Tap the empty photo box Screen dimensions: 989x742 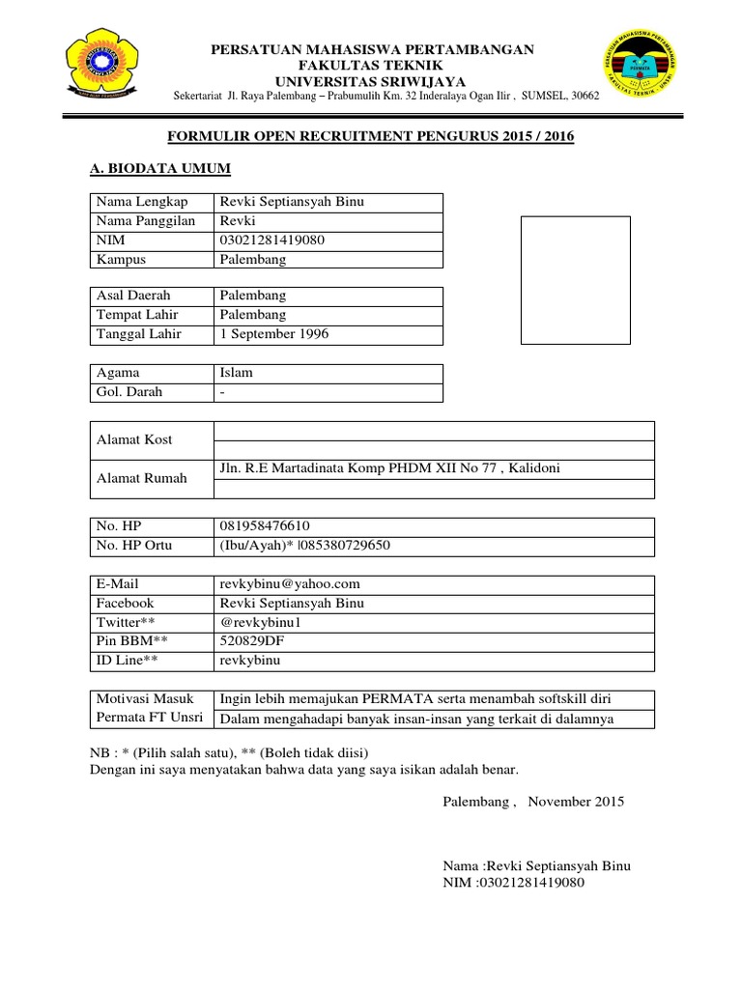(576, 280)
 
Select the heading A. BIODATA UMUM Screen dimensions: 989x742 (159, 169)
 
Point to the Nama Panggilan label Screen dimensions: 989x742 (145, 220)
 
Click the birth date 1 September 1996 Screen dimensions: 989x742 (274, 334)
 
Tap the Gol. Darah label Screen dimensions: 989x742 (129, 392)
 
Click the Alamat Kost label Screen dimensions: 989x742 (134, 439)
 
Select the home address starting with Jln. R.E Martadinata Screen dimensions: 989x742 (390, 468)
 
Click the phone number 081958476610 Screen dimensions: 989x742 (266, 526)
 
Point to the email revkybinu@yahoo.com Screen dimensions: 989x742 (290, 583)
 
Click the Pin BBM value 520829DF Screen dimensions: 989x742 (253, 641)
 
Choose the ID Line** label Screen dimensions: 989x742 (127, 661)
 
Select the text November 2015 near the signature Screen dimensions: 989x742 (577, 801)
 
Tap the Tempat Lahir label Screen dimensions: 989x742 (136, 315)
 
